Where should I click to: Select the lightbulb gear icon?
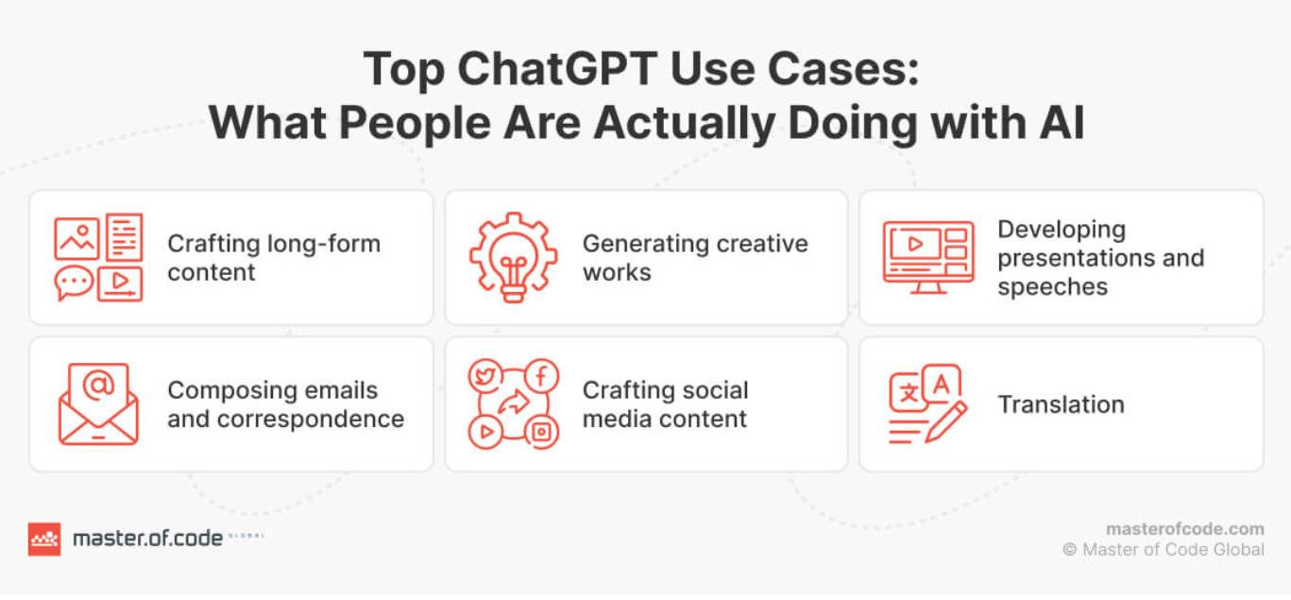click(514, 257)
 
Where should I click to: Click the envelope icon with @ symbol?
click(98, 404)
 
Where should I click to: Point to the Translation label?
click(1061, 404)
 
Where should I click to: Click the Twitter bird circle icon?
click(485, 376)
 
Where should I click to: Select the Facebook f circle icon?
click(541, 376)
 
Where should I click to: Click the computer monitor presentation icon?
click(927, 257)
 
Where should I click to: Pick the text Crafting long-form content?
click(273, 257)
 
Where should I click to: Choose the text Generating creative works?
click(694, 257)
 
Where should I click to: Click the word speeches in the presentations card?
click(1052, 287)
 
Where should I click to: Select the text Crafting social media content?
click(665, 404)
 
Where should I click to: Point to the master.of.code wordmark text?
click(147, 539)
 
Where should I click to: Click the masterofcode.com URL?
click(1184, 529)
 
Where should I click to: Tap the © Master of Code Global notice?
click(1163, 550)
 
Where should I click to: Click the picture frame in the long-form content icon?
click(76, 238)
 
